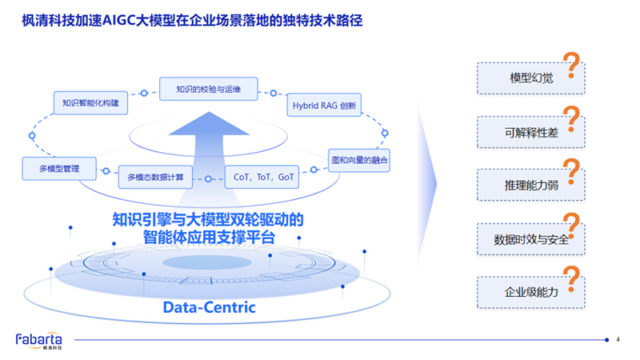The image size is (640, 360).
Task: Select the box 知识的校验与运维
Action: (208, 89)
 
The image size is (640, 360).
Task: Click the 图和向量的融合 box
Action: (359, 160)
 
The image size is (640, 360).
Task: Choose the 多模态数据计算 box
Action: (156, 176)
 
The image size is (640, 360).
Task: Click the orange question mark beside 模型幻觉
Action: (572, 66)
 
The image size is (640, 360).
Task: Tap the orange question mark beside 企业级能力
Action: (572, 280)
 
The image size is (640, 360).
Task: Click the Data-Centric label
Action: (210, 307)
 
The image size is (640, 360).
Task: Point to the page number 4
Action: (618, 340)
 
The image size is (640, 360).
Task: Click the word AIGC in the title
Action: (122, 21)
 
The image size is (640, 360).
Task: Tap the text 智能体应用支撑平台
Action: (209, 238)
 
